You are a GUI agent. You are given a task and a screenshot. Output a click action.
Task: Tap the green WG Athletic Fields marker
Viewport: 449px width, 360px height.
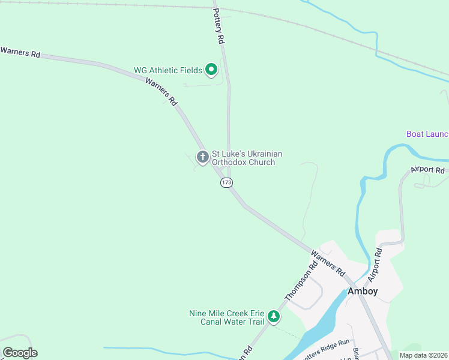(211, 70)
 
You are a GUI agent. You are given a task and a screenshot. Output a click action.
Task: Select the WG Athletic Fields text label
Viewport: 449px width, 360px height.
(168, 70)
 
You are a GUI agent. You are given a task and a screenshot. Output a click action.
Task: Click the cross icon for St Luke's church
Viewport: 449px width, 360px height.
(203, 157)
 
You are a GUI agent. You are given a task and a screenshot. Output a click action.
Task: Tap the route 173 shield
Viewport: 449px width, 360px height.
(226, 182)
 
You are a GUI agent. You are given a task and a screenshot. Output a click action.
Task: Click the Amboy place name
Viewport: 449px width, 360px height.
(363, 291)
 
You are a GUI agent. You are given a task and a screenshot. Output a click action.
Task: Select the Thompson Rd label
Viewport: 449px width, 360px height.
(301, 283)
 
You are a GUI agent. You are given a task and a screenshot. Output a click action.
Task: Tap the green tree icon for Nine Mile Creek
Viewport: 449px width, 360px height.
(274, 316)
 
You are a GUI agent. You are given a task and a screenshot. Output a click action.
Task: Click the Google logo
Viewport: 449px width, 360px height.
(20, 352)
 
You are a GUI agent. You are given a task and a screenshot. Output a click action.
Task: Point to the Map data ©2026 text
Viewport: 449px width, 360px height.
(423, 355)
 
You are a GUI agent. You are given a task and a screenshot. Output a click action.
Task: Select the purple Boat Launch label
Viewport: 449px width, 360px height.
(427, 134)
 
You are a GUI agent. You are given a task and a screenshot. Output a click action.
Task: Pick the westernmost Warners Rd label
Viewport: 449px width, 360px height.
(20, 52)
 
